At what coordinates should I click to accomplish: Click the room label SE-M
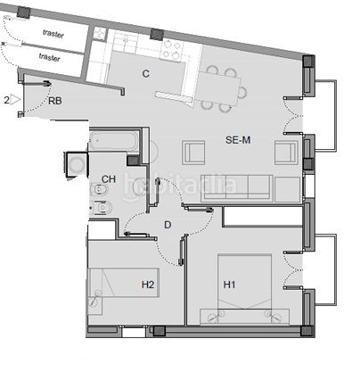[x=238, y=140]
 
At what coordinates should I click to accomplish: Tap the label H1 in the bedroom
[x=229, y=285]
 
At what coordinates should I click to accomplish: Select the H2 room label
[x=148, y=285]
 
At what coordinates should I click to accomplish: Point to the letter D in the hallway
[x=168, y=225]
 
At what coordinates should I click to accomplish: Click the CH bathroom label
[x=109, y=179]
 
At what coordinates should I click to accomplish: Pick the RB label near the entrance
[x=55, y=101]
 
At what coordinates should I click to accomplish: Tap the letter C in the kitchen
[x=145, y=73]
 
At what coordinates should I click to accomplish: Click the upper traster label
[x=53, y=34]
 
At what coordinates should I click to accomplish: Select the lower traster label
[x=49, y=57]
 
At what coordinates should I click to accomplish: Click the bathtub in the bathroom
[x=114, y=140]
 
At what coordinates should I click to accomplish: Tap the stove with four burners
[x=171, y=50]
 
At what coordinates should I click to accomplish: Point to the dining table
[x=219, y=89]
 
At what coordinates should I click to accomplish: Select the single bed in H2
[x=124, y=283]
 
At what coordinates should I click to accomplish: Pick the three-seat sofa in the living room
[x=237, y=188]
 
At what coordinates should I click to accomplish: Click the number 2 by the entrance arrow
[x=6, y=100]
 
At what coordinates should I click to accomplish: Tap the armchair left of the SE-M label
[x=193, y=153]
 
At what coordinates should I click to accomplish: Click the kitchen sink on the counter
[x=126, y=41]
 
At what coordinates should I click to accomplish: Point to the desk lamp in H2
[x=95, y=298]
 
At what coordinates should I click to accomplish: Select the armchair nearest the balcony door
[x=286, y=153]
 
